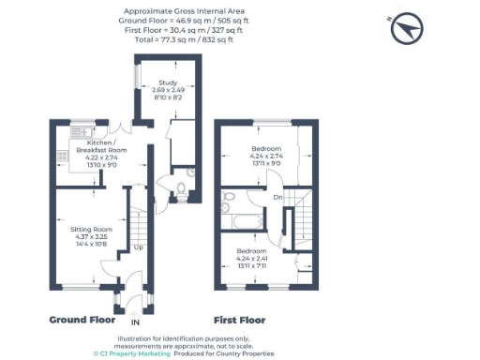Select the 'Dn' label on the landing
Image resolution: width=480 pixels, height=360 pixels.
point(277,197)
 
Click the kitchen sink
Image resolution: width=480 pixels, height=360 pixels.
point(77,130)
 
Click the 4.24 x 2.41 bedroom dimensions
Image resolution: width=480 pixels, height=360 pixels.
point(251,259)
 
